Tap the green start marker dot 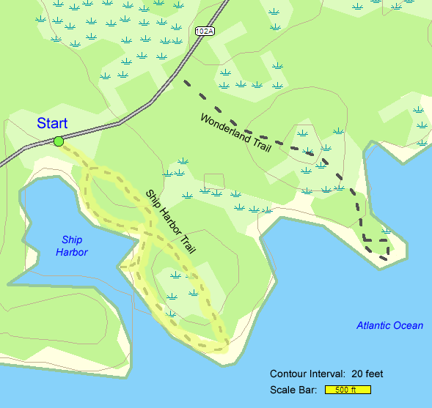pos(59,141)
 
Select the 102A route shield pos(205,31)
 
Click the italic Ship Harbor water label pos(71,245)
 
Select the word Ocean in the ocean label pos(408,325)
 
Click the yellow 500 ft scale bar pos(348,390)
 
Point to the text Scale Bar pos(293,390)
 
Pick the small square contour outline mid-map pos(213,183)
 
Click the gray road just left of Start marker pos(29,151)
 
